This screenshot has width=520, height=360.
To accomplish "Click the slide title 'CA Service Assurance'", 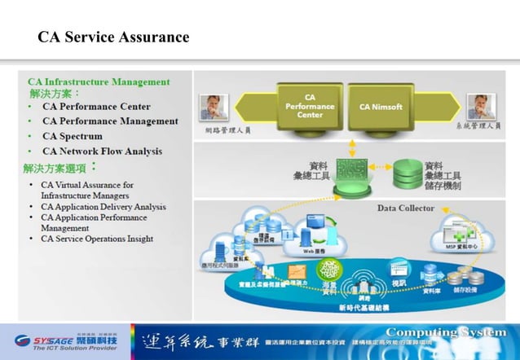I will pyautogui.click(x=113, y=37).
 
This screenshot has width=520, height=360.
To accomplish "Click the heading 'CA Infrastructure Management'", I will pyautogui.click(x=99, y=81).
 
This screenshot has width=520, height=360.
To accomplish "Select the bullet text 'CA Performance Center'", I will pyautogui.click(x=96, y=107).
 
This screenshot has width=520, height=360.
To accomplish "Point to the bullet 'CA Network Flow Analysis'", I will pyautogui.click(x=102, y=151).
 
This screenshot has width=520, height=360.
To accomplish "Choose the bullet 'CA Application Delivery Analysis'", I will pyautogui.click(x=103, y=207).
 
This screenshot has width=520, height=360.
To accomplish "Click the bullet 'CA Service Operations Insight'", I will pyautogui.click(x=97, y=239).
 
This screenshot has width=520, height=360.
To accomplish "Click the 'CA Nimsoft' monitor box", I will pyautogui.click(x=381, y=107).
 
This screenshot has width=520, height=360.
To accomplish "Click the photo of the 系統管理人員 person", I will pyautogui.click(x=480, y=108).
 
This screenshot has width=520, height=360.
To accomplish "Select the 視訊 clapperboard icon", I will pyautogui.click(x=399, y=267).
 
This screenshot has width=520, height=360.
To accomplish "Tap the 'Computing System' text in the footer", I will pyautogui.click(x=444, y=333).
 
